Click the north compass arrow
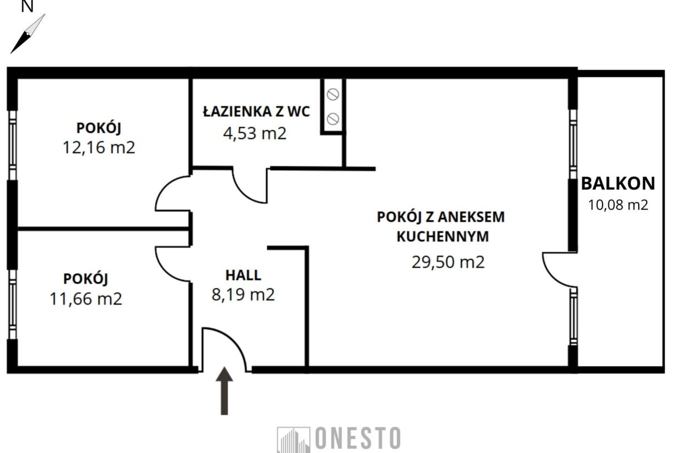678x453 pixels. coord(27,34)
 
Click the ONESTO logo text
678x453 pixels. coord(357,438)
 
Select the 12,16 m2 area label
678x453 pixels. coord(99,148)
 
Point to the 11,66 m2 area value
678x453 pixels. coord(86,299)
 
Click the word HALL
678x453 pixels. coord(243,274)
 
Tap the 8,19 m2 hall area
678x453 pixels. coord(243,294)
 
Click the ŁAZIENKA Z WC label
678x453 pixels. coord(256,112)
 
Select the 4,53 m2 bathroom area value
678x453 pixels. coord(255,133)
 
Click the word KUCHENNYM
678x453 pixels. coord(442,237)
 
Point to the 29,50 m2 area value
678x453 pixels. coord(448,262)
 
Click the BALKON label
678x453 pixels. coord(618,183)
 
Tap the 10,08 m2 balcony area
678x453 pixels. coord(618,205)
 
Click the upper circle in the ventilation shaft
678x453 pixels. coord(333,95)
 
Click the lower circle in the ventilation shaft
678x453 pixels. coord(333,118)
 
